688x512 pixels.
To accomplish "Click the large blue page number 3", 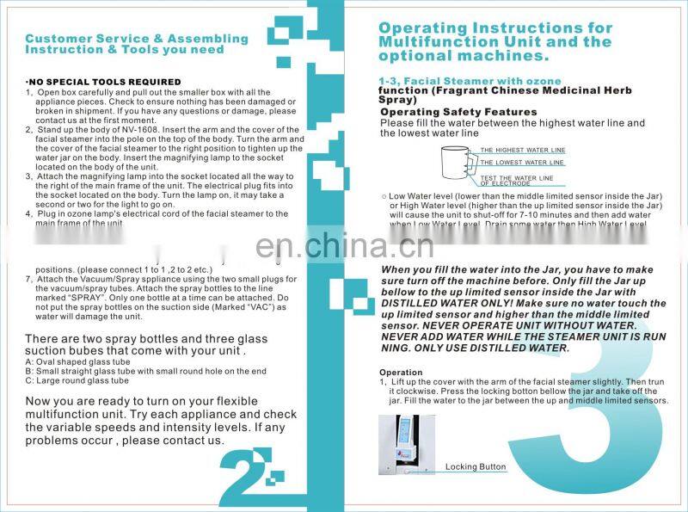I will click(593, 404).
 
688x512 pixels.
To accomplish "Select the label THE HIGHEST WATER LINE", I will click(522, 150).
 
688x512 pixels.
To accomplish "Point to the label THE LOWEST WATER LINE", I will click(521, 162).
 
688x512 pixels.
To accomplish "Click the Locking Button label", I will click(476, 466).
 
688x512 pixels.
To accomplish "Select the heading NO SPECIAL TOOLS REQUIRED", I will click(103, 82).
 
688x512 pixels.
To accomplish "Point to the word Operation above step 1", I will click(401, 372).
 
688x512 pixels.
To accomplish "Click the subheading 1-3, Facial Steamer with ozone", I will click(458, 81).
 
